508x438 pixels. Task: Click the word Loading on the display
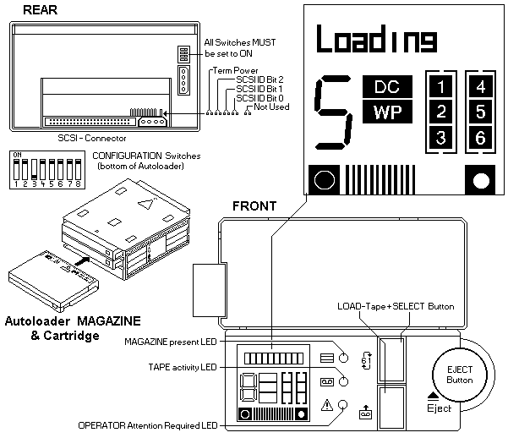377,40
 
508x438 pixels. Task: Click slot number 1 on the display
441,85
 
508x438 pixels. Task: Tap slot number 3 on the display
441,138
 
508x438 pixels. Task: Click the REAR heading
41,9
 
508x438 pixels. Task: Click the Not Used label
270,107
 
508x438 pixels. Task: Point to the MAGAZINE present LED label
170,342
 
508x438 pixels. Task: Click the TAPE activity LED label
181,367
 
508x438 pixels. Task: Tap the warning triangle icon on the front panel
325,404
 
